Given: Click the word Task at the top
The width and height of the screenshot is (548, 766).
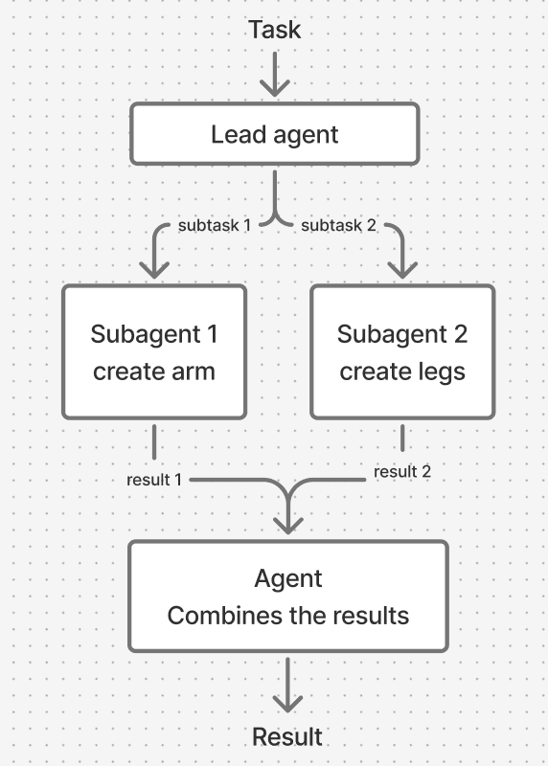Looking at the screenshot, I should [275, 30].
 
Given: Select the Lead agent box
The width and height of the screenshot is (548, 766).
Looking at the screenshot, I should [275, 134].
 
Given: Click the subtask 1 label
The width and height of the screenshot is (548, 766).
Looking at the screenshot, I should [215, 226].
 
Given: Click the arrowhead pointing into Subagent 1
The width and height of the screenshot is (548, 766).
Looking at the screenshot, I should [153, 267].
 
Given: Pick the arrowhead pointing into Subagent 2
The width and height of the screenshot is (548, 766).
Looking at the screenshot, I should [401, 267].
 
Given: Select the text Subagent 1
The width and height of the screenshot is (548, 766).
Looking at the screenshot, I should [154, 334].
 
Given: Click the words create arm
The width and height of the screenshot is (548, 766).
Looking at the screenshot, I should [154, 371].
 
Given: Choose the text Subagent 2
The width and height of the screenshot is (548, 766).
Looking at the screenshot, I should [402, 334].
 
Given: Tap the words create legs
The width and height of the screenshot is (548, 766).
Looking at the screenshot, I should [402, 371].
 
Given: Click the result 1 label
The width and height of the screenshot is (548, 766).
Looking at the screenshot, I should [154, 479].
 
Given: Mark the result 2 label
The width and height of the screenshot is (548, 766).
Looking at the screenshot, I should [402, 472].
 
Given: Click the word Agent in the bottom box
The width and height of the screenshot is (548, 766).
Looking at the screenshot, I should [288, 578].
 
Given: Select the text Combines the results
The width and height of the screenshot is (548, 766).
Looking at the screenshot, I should [288, 615].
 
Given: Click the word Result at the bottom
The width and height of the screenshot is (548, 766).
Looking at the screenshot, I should [287, 736].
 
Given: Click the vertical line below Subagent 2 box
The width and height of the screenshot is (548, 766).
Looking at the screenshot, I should [402, 439].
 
